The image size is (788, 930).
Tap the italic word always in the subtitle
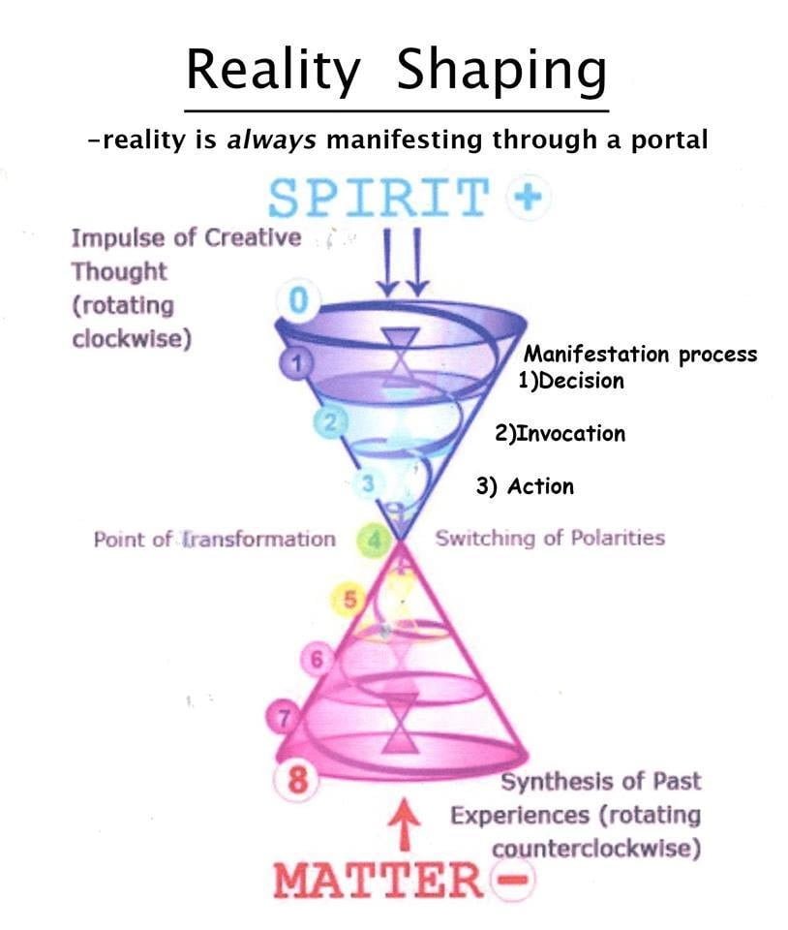pyautogui.click(x=271, y=140)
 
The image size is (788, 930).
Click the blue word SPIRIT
pyautogui.click(x=379, y=197)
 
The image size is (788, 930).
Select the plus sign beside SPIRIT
pyautogui.click(x=529, y=197)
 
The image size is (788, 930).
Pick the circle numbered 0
pyautogui.click(x=299, y=300)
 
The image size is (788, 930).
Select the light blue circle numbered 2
pyautogui.click(x=331, y=422)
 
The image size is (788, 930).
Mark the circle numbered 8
pyautogui.click(x=297, y=779)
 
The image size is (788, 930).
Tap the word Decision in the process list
pyautogui.click(x=582, y=381)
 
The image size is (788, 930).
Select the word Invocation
pyautogui.click(x=570, y=434)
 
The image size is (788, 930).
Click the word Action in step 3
pyautogui.click(x=541, y=486)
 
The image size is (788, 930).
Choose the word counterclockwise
pyautogui.click(x=596, y=849)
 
